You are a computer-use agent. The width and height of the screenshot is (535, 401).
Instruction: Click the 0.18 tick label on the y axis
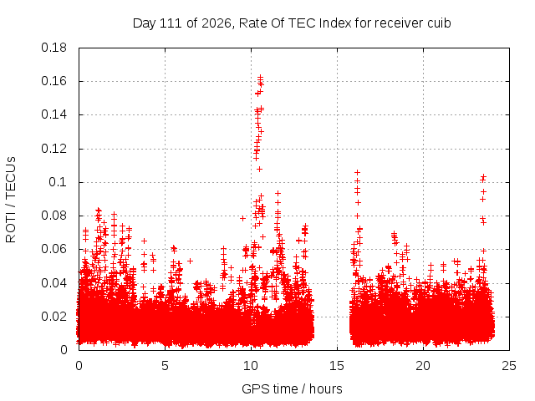pos(53,48)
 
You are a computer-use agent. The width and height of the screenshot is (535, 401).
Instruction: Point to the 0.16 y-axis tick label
pos(53,81)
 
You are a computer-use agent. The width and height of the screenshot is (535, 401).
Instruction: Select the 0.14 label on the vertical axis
pos(53,114)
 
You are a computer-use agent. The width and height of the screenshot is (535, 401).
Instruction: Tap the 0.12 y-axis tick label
pos(53,149)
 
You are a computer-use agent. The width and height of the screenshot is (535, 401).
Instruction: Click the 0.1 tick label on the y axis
pos(58,182)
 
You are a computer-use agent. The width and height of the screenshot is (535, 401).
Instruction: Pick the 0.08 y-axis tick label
pos(53,216)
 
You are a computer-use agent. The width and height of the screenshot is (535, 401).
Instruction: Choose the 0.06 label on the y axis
pos(53,249)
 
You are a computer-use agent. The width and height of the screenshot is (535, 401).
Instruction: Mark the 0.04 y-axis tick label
pos(53,283)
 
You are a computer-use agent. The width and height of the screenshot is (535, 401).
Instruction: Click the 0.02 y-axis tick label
pos(53,317)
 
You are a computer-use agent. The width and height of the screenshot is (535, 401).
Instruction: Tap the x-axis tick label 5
pos(166,366)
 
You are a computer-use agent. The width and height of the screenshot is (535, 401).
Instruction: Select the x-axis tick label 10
pos(251,366)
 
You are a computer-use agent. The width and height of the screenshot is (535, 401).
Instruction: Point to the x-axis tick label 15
pos(337,366)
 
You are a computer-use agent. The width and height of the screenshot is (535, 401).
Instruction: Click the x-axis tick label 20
pos(423,366)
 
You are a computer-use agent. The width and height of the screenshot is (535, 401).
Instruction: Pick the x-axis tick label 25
pos(509,366)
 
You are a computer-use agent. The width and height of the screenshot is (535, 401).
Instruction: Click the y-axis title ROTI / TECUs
pos(11,200)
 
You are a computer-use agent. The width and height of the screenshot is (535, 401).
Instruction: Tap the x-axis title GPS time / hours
pos(292,388)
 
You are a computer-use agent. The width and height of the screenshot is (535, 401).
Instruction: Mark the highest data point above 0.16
pos(260,77)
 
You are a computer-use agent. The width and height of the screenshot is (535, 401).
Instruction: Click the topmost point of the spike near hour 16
pos(357,173)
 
